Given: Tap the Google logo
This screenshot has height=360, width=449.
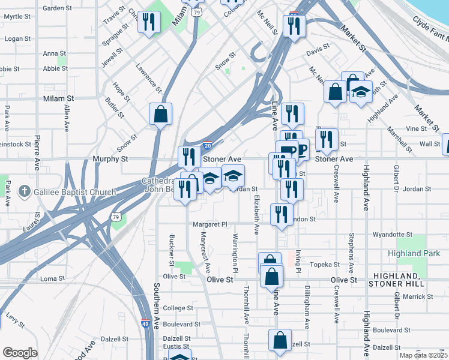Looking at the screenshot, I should coord(20,353).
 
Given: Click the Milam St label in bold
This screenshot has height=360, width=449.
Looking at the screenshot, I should coord(58,98).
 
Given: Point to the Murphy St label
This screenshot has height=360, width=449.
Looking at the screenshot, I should coord(110,159).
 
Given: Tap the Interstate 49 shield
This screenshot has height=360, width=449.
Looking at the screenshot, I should coord(146,323).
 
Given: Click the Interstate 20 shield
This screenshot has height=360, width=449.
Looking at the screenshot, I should coord(207,145).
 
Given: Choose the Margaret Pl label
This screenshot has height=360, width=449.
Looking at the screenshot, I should coord(210,224).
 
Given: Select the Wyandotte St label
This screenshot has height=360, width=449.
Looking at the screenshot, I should coord(393,235).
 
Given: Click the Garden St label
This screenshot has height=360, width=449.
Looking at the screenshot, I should coord(58,8).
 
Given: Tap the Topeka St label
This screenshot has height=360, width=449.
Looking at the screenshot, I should coord(325,264).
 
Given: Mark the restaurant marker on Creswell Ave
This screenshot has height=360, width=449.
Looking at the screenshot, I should coord(326,140).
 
